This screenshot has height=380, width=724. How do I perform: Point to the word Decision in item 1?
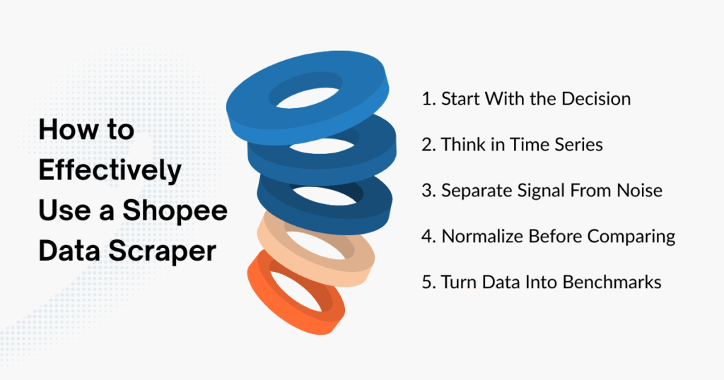(x=595, y=99)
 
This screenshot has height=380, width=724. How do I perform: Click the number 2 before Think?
(x=426, y=145)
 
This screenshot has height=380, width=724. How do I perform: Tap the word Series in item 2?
(x=576, y=145)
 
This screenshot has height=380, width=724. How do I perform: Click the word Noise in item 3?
(x=638, y=191)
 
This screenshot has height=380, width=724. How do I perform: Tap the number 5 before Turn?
(x=426, y=283)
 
